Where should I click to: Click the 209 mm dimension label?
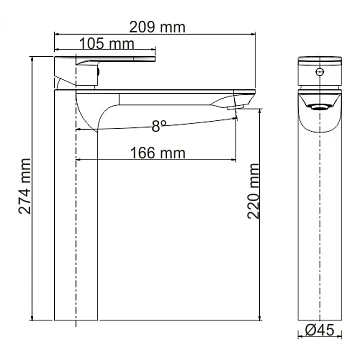157,27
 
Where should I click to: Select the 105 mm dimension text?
107,44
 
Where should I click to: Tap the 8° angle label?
159,126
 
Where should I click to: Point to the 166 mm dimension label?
157,153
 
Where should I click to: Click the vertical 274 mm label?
25,186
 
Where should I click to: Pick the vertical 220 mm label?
253,191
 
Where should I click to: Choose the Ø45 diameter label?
320,330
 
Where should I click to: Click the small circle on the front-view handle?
320,71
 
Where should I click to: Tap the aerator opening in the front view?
320,106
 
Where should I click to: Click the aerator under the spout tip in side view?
235,107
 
